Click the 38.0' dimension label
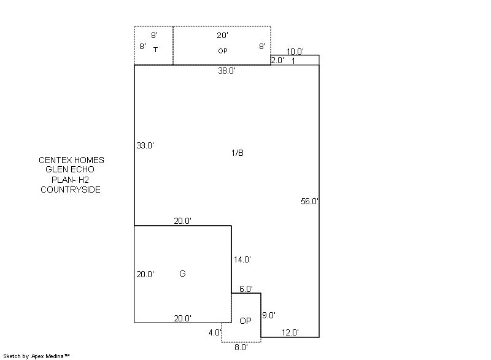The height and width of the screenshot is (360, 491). click(x=226, y=71)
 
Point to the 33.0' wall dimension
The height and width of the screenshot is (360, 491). click(x=145, y=146)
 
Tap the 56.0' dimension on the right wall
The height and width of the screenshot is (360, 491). click(x=309, y=201)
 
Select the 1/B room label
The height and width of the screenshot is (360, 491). click(x=238, y=153)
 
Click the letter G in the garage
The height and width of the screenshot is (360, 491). click(x=182, y=274)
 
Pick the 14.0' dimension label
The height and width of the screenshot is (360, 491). click(x=242, y=260)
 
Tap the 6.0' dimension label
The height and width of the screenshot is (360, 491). click(x=245, y=289)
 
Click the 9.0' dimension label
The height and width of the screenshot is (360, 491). click(x=269, y=316)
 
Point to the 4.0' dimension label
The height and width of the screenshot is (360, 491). click(x=214, y=333)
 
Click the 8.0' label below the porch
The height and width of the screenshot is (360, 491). click(x=241, y=347)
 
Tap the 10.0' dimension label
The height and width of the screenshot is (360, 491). click(x=295, y=52)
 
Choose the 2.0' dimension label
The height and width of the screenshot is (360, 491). click(x=277, y=61)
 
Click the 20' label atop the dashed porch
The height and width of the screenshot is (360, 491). click(x=222, y=36)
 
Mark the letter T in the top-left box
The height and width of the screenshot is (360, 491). click(x=155, y=50)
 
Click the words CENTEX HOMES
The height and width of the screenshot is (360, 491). click(x=71, y=160)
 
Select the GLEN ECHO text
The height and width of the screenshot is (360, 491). click(x=70, y=170)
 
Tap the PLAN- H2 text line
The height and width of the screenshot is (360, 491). click(x=71, y=180)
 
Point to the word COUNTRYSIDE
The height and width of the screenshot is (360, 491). click(x=71, y=190)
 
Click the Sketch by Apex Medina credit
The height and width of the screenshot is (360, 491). click(x=37, y=356)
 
